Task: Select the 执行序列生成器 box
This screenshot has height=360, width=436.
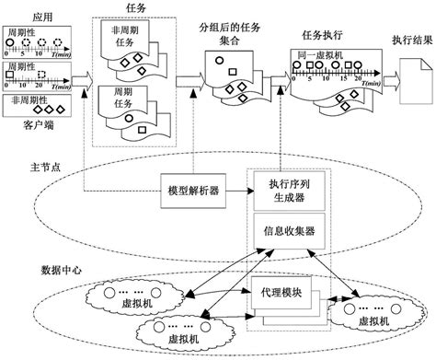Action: tap(283, 192)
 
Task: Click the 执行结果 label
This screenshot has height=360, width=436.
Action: tap(410, 41)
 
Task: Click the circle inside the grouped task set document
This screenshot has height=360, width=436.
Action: tap(221, 62)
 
